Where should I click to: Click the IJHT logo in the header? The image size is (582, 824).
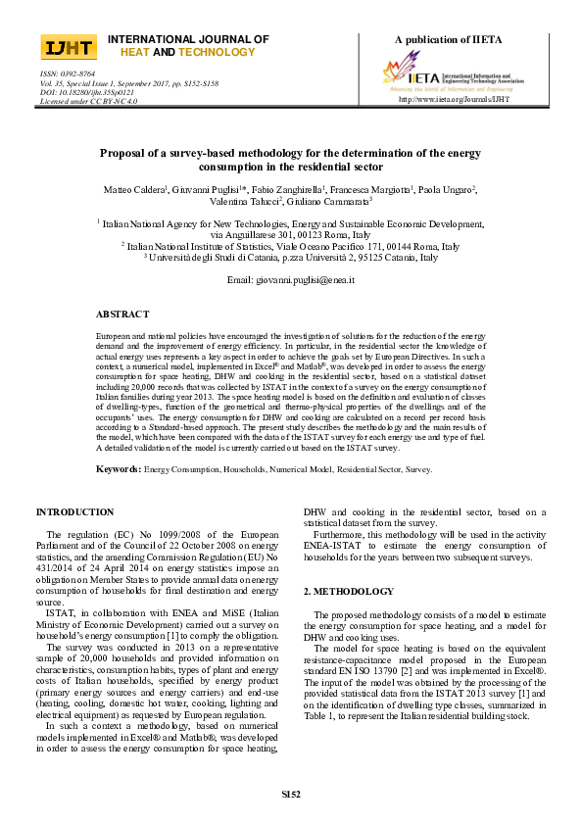pyautogui.click(x=68, y=48)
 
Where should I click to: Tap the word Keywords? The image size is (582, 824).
pyautogui.click(x=118, y=469)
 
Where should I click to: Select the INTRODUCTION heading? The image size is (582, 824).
pyautogui.click(x=74, y=512)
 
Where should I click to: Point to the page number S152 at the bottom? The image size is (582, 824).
pyautogui.click(x=290, y=793)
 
